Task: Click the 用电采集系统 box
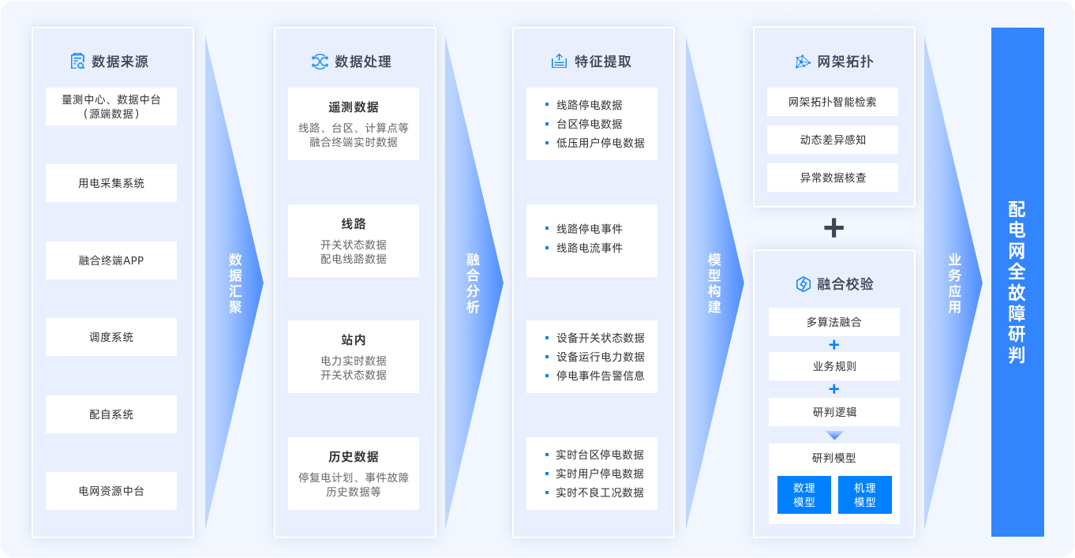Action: pyautogui.click(x=111, y=183)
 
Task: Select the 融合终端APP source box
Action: pyautogui.click(x=111, y=260)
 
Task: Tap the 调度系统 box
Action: pyautogui.click(x=111, y=337)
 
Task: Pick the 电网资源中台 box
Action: pyautogui.click(x=111, y=491)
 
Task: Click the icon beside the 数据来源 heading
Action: pyautogui.click(x=77, y=62)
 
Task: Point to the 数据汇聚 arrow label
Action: pyautogui.click(x=235, y=283)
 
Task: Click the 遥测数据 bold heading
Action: pyautogui.click(x=354, y=107)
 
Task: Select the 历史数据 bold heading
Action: pyautogui.click(x=354, y=457)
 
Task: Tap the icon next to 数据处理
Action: pyautogui.click(x=320, y=62)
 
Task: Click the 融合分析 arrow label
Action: pyautogui.click(x=473, y=283)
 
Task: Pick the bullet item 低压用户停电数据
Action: pyautogui.click(x=600, y=143)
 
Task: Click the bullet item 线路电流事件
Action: pyautogui.click(x=589, y=248)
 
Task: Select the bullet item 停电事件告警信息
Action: pyautogui.click(x=600, y=376)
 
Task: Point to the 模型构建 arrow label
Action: pyautogui.click(x=714, y=283)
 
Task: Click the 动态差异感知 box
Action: pyautogui.click(x=833, y=140)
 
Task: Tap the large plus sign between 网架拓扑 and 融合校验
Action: pyautogui.click(x=833, y=228)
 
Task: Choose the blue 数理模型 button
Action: pyautogui.click(x=804, y=495)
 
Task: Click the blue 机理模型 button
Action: pyautogui.click(x=865, y=495)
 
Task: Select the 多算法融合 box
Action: pyautogui.click(x=834, y=322)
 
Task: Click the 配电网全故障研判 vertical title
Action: pyautogui.click(x=1017, y=282)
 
